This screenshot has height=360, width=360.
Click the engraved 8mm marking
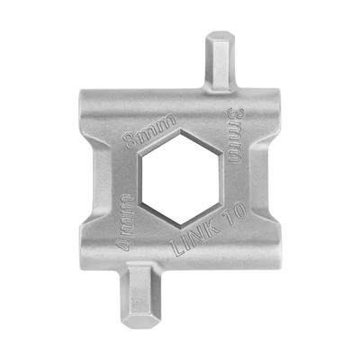coord(150,130)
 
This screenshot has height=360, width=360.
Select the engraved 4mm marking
coord(125,223)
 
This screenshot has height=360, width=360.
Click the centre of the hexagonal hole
coord(180,177)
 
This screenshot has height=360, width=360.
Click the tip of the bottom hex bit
coord(139,326)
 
